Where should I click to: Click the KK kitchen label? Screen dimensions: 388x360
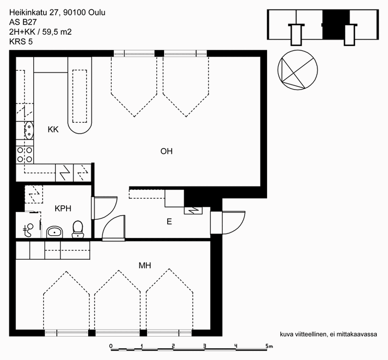click(x=53, y=129)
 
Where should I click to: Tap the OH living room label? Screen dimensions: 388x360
click(x=166, y=151)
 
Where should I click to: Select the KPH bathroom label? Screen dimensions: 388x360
click(x=63, y=209)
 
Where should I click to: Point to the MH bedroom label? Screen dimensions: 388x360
click(x=145, y=266)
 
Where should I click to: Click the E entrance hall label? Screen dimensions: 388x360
click(x=169, y=221)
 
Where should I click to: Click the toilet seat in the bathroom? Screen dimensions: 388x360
click(x=78, y=229)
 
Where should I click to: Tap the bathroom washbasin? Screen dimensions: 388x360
click(x=55, y=232)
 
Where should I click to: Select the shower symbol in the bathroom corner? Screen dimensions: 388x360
click(x=28, y=230)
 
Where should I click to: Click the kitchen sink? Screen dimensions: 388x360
click(x=29, y=130)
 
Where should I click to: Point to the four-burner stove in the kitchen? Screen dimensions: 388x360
click(x=25, y=155)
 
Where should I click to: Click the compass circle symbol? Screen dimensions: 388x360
click(x=298, y=70)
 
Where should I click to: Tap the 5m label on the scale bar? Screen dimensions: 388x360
click(x=269, y=346)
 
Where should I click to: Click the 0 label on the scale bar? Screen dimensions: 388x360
click(x=111, y=346)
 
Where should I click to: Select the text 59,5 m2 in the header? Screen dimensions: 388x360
click(x=57, y=32)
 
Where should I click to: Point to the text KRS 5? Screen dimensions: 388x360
click(x=21, y=42)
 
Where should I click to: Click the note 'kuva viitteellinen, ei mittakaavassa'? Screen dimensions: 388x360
click(x=328, y=334)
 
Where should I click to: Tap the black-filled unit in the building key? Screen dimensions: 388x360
click(x=336, y=25)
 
